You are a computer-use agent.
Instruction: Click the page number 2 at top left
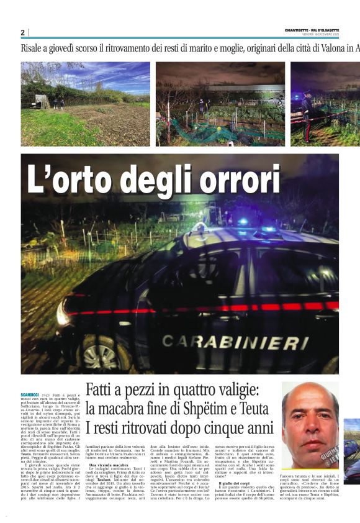[x=22, y=32]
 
